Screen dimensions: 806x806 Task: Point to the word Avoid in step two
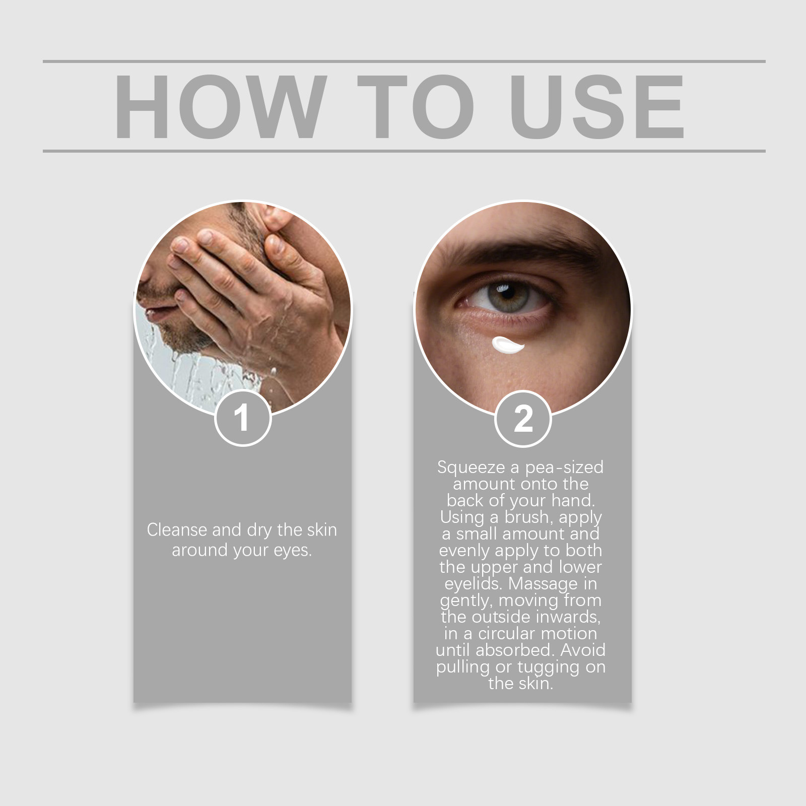[583, 650]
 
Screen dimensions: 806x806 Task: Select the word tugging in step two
[547, 667]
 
